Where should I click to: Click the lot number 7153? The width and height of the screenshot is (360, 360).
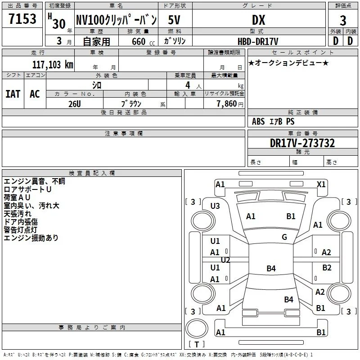point(22,19)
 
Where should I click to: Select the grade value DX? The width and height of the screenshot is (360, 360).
point(258,20)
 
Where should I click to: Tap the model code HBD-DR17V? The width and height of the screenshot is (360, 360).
point(258,41)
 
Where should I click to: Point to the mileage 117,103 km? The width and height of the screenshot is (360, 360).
point(53,65)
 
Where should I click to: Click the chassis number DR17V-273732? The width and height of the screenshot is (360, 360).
point(302,143)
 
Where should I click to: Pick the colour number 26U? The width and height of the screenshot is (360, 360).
point(75,104)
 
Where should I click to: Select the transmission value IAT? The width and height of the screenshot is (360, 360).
point(13,94)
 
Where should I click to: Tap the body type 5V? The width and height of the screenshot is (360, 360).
point(174,20)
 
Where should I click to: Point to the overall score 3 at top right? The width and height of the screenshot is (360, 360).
point(343,21)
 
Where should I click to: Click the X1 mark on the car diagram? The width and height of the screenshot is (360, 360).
point(321,184)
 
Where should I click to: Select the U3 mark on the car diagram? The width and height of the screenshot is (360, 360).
point(215,206)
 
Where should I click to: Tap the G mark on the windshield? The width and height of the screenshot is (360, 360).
point(284,237)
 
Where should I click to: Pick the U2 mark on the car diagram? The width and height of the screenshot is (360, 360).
point(225,260)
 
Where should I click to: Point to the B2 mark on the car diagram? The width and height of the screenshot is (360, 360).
point(327,268)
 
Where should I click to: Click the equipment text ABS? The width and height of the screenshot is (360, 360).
point(258,121)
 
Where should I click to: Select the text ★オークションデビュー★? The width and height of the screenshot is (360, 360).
point(288,63)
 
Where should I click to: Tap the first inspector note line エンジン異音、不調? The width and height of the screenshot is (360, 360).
point(35,181)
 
